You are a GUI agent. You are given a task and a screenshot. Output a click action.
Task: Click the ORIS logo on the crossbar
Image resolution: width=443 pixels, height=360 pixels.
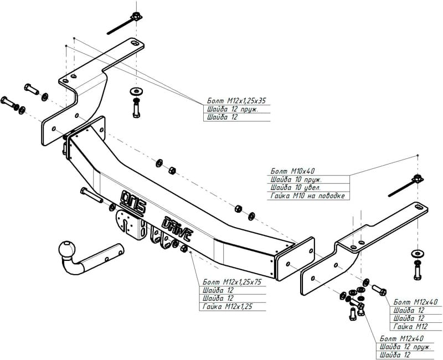pos(133,201)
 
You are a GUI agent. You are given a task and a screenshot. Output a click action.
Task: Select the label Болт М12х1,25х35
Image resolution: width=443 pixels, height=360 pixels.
pos(236,101)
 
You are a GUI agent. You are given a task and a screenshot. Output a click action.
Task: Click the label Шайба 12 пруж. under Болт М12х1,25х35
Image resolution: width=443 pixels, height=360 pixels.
pos(233,109)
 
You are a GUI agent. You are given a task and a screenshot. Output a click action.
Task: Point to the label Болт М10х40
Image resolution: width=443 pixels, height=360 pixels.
pos(292,171)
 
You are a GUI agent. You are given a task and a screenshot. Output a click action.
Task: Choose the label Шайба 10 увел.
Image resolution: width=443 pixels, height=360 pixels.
pos(296,188)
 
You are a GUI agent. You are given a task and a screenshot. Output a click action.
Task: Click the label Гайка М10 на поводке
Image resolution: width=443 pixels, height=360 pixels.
pos(308,196)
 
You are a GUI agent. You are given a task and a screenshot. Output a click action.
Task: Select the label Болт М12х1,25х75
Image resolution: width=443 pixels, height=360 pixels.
pos(232,282)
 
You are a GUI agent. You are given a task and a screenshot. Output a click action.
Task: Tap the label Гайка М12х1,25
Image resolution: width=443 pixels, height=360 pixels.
pos(227,307)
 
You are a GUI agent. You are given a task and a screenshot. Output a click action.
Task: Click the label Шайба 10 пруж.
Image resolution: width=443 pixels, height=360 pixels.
pos(296,179)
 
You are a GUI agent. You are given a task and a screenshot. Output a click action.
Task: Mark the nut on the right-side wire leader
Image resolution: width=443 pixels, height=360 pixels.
pos(418,179)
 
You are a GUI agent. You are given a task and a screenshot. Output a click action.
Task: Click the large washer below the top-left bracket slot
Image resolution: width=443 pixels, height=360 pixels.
pos(136,91)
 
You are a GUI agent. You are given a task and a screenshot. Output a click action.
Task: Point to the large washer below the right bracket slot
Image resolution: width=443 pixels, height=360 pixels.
pos(418,253)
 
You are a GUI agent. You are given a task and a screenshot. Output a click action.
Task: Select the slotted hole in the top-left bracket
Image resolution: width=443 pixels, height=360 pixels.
pos(135,43)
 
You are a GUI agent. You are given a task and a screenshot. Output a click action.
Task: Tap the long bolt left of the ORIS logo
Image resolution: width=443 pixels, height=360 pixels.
pos(91,195)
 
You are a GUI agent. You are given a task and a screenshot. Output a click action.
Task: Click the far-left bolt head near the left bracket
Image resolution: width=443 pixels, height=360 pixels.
pos(5,100)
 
